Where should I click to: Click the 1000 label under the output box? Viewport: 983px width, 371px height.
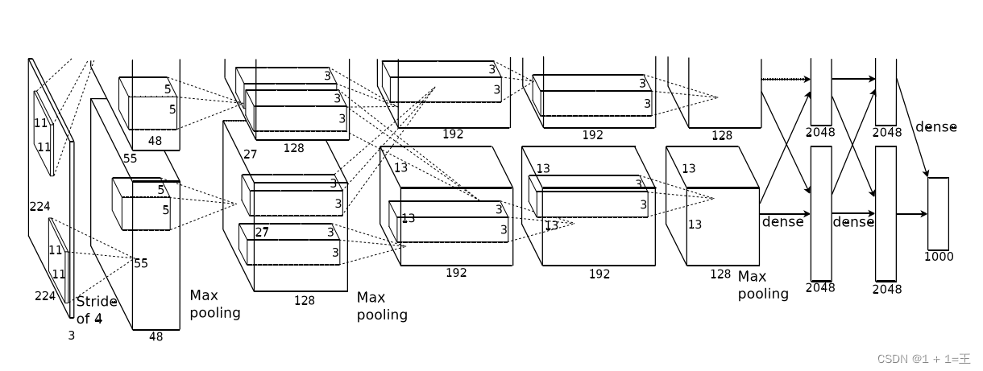tap(939, 257)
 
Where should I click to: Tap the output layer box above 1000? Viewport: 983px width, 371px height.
tap(938, 213)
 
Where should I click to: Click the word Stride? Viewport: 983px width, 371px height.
tap(97, 302)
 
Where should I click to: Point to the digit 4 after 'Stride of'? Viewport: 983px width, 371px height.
tap(98, 319)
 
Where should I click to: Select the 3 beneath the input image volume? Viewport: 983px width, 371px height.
tap(71, 336)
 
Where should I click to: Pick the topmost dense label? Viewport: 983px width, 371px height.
tap(935, 127)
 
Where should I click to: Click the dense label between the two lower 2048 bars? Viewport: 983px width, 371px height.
tap(853, 221)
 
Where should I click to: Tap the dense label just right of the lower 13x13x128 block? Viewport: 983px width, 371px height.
tap(782, 221)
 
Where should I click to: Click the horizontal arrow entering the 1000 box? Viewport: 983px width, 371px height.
tap(911, 214)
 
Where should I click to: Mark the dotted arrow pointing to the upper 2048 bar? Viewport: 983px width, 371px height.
tap(785, 79)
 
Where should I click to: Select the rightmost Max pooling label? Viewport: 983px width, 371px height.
tap(763, 286)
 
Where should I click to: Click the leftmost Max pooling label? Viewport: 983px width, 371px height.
tap(214, 304)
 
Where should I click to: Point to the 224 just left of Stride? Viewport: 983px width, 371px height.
tap(45, 296)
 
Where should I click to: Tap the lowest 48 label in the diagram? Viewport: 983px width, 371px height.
tap(156, 336)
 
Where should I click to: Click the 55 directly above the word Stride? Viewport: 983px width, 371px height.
tap(141, 263)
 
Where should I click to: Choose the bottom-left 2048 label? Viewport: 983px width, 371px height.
tap(820, 287)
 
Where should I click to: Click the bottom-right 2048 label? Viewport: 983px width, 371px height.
tap(886, 289)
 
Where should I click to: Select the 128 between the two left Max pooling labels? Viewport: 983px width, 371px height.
tap(304, 300)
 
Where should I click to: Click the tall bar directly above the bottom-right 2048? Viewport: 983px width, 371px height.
tap(886, 212)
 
